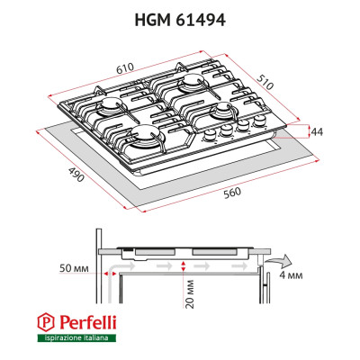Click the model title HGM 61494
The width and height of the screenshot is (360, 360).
point(180,17)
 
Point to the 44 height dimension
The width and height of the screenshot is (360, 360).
point(317,131)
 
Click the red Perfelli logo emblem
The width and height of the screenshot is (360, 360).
point(45,321)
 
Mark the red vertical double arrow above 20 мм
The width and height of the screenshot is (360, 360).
point(183,265)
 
